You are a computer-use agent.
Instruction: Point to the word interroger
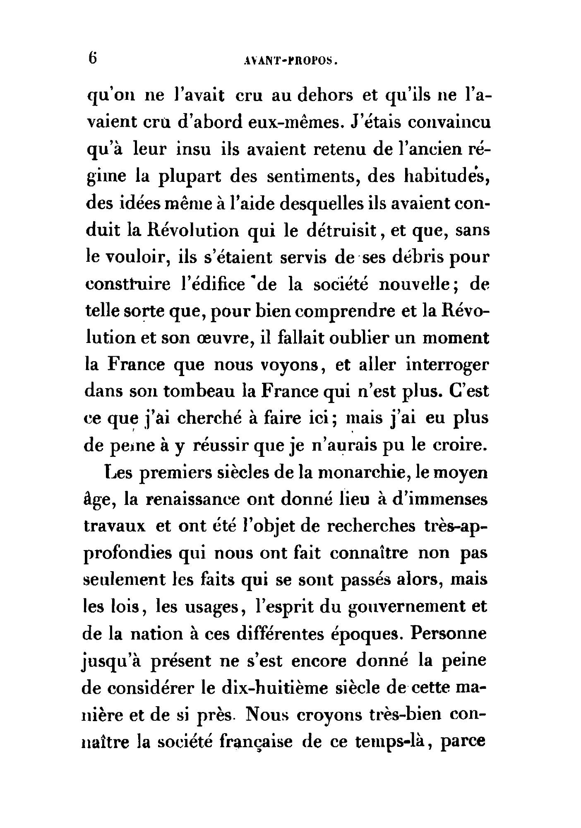pyautogui.click(x=447, y=365)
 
